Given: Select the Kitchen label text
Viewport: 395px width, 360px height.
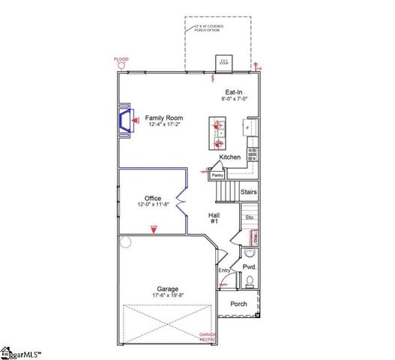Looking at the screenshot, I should pyautogui.click(x=229, y=157).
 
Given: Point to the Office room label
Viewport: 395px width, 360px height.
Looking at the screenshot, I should pyautogui.click(x=153, y=198).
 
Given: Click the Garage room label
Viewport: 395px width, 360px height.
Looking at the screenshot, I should pyautogui.click(x=167, y=288).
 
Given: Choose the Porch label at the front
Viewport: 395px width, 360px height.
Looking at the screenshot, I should pyautogui.click(x=238, y=304).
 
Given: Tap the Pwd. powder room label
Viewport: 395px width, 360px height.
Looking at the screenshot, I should pyautogui.click(x=250, y=266).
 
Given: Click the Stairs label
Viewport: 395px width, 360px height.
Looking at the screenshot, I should pyautogui.click(x=249, y=192).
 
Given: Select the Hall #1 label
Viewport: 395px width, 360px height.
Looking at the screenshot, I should pyautogui.click(x=214, y=218).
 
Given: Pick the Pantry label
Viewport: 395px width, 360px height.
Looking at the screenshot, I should pyautogui.click(x=217, y=175).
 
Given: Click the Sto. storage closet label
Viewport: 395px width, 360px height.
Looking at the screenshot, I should pyautogui.click(x=250, y=217).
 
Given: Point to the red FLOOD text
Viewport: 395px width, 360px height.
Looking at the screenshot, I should pyautogui.click(x=121, y=58).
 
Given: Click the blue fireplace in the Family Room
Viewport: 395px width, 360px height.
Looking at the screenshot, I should pyautogui.click(x=121, y=120).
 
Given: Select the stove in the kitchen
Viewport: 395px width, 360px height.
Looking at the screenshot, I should pyautogui.click(x=253, y=154).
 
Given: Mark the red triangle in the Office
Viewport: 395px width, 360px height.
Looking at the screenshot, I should pyautogui.click(x=154, y=229).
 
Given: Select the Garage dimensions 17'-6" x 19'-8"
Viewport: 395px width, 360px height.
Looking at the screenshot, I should pyautogui.click(x=167, y=295).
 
